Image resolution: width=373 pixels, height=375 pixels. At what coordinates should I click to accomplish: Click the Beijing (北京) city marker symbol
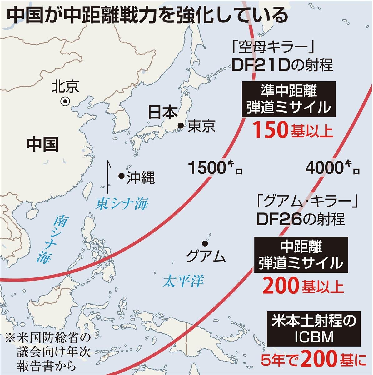65,101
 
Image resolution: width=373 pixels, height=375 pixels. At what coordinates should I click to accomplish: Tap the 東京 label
201,126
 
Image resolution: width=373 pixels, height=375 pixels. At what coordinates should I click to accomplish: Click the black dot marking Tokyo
180,126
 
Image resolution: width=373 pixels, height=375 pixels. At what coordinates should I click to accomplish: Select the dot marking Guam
205,243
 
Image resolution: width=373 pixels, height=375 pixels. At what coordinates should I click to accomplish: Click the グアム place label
206,257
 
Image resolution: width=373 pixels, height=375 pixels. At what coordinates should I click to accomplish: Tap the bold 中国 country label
42,144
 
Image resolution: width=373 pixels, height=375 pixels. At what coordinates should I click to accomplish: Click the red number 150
270,131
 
